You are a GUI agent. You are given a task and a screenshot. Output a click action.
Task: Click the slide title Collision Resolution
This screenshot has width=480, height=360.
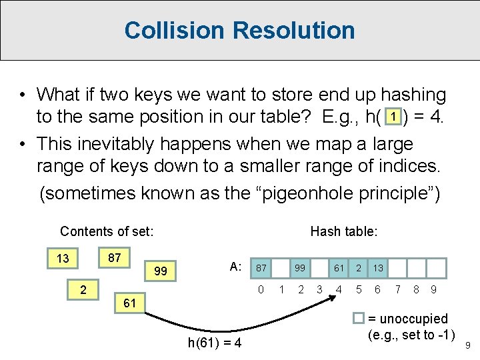point(239,30)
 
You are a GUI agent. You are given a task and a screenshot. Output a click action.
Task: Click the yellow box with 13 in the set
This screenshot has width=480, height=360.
point(63,259)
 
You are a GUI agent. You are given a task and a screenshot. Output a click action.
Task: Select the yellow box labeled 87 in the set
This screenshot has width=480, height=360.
point(114,257)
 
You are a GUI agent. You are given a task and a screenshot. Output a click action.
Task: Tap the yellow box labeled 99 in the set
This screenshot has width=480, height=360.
point(161,271)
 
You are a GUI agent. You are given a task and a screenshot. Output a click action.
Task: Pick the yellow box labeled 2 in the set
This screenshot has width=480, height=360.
point(83,289)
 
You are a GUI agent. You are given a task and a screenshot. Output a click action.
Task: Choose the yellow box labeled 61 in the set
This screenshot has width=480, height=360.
point(130,303)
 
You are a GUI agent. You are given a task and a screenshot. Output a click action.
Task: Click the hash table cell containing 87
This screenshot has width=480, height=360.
point(262,267)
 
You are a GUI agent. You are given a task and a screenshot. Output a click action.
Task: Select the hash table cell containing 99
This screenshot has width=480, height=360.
point(301,267)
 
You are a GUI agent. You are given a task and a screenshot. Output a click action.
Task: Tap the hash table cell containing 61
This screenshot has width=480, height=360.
point(339,267)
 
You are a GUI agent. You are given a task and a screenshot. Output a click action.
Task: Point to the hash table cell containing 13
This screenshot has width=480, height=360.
point(378,267)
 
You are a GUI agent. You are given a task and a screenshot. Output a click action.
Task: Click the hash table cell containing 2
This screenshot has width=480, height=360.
point(359,267)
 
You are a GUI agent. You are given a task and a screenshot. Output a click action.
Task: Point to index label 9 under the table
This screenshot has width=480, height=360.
point(434,289)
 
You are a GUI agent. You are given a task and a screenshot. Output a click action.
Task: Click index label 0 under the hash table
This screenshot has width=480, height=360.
point(262,289)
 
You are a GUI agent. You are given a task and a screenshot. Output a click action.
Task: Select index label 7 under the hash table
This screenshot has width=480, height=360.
point(398,289)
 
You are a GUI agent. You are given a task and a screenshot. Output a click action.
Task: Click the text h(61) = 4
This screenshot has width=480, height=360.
point(215,343)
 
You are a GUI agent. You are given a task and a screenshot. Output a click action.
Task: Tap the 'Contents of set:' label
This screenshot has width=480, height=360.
point(107,231)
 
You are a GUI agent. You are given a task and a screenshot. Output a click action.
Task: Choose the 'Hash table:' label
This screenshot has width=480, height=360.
point(344,231)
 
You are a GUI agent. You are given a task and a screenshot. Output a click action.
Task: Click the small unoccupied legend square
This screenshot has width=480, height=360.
point(358,319)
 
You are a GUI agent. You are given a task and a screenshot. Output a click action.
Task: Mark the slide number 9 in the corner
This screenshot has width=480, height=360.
point(467,345)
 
